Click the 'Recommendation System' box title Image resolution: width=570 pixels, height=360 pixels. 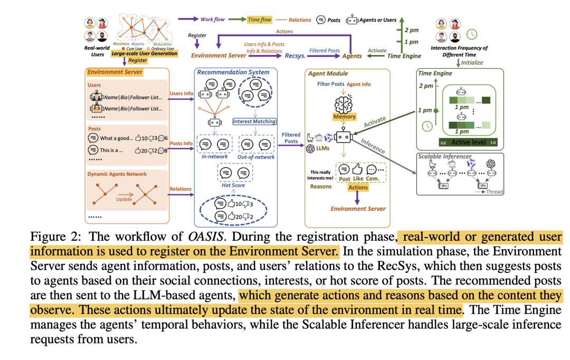(233, 72)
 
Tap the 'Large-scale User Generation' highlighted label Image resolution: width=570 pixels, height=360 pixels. (145, 53)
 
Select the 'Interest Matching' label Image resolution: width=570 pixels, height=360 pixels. (254, 121)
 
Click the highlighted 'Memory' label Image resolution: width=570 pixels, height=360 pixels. (344, 116)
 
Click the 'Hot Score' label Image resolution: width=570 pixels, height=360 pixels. (233, 186)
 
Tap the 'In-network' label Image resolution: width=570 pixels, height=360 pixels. (215, 156)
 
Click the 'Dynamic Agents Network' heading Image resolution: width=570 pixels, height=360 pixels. (118, 174)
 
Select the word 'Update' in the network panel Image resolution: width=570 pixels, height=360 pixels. (125, 200)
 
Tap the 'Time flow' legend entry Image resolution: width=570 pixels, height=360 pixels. (259, 20)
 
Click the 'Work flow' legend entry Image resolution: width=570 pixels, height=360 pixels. (212, 20)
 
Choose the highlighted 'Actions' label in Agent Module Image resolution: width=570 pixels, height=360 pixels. (358, 187)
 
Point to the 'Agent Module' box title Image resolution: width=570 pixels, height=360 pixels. (330, 74)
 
